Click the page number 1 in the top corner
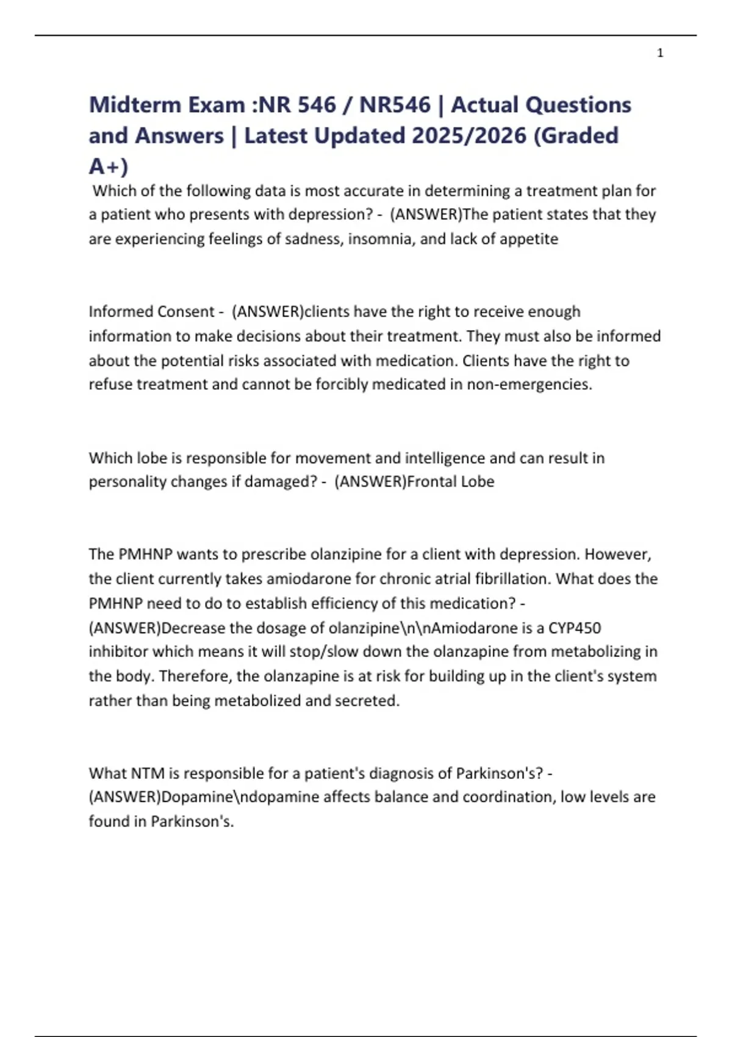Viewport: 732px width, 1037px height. tap(660, 53)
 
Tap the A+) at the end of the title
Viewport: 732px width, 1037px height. tap(109, 166)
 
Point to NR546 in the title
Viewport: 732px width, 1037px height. tap(395, 105)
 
